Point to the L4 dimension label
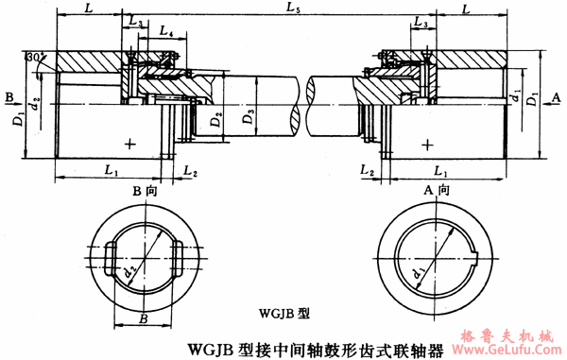click(x=165, y=32)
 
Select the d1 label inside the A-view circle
click(x=418, y=273)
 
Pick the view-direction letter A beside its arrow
click(x=557, y=96)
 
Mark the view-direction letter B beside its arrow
click(x=9, y=96)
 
